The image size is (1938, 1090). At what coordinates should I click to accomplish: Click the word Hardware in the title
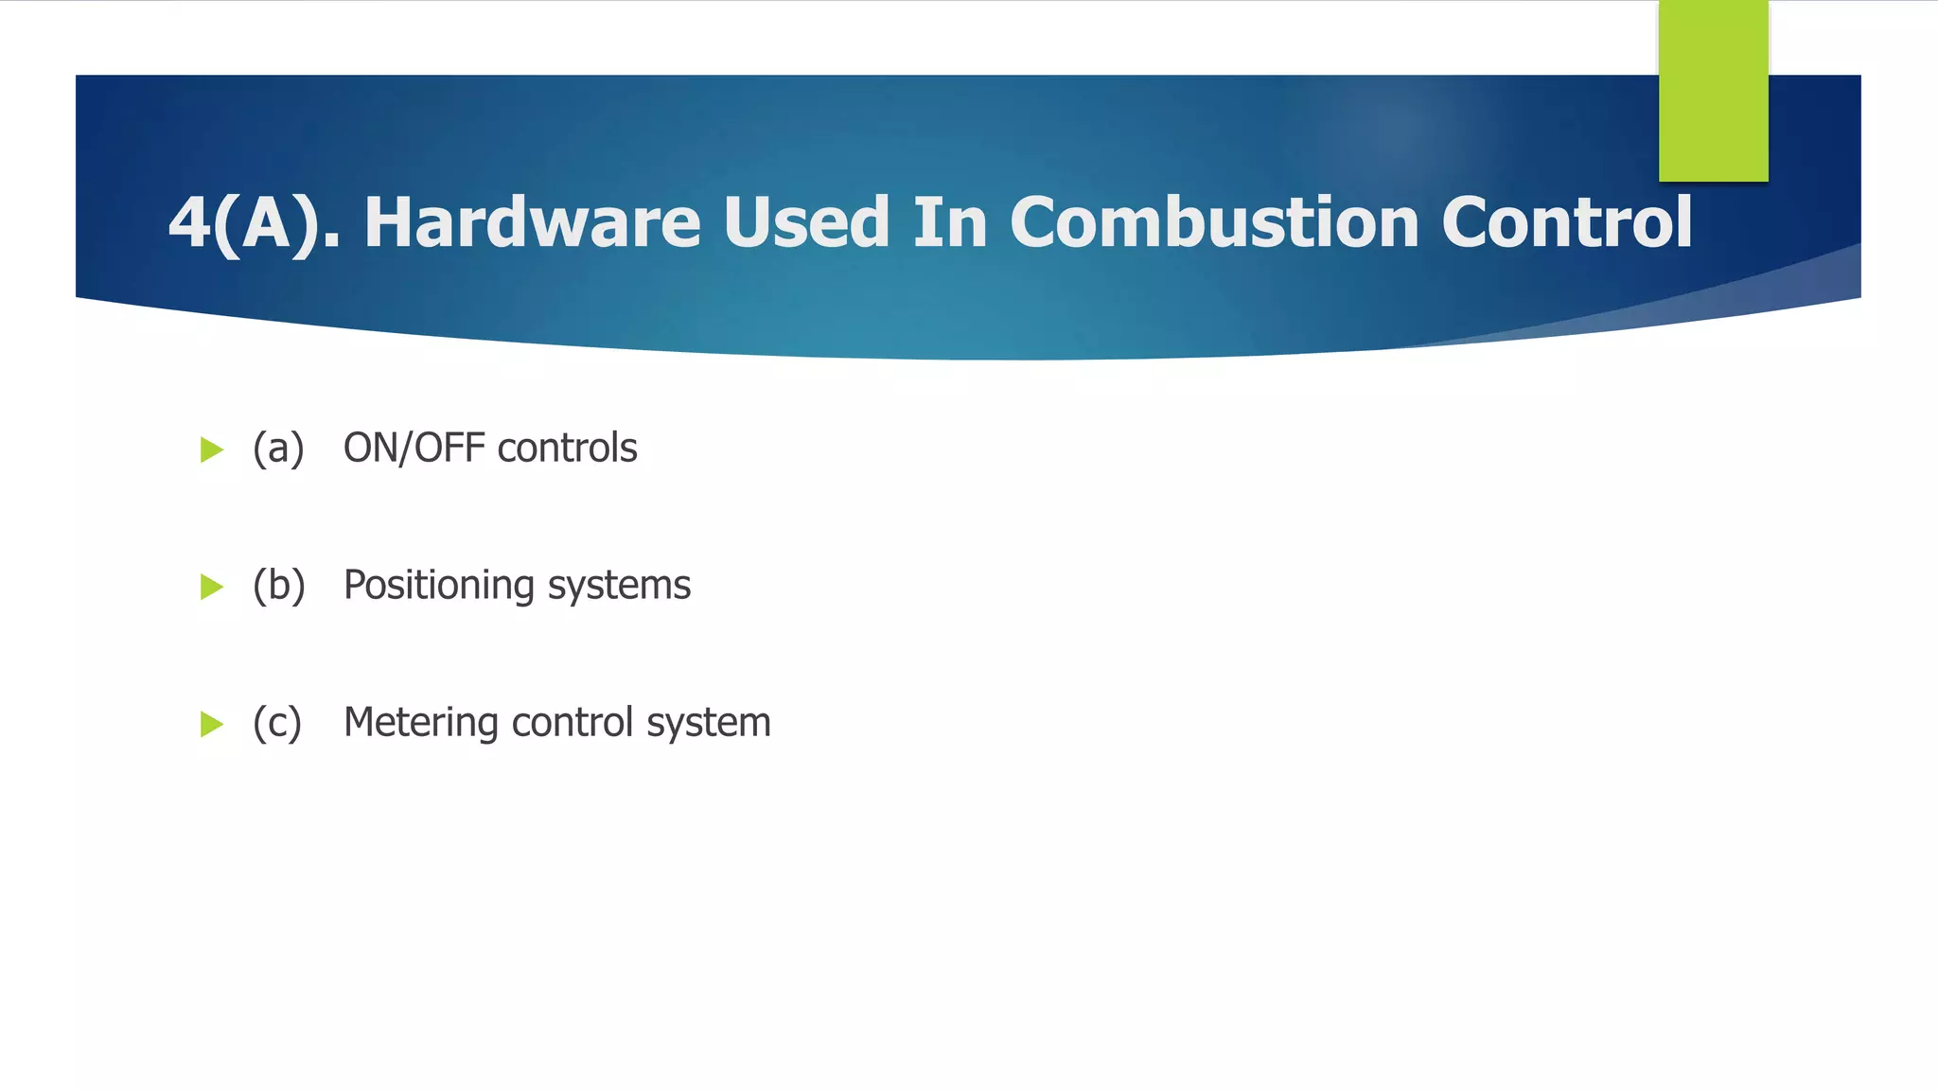coord(532,222)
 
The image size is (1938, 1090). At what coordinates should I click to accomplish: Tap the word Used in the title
coord(805,222)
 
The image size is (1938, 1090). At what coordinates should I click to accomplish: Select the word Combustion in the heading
coord(1214,222)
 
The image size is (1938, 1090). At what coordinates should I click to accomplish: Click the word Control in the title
coord(1567,222)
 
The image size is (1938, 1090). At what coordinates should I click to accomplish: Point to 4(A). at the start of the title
coord(254,223)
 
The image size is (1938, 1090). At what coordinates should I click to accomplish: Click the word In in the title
coord(949,222)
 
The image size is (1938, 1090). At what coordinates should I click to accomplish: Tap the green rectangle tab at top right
coord(1713,90)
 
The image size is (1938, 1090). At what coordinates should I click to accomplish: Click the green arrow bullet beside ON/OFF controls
coord(212,449)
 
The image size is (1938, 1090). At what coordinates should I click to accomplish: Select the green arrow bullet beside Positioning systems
coord(212,587)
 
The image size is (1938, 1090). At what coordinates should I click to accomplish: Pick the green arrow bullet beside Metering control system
coord(212,725)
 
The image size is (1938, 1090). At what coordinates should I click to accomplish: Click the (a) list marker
coord(278,448)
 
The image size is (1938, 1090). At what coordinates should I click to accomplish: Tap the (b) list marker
coord(278,586)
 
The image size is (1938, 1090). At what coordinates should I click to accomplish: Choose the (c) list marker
coord(277,723)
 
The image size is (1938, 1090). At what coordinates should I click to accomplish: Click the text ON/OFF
coord(414,448)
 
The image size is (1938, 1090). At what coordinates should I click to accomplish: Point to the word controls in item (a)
coord(567,448)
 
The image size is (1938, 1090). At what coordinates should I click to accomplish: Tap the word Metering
coord(421,723)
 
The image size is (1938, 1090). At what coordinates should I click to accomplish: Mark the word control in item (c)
coord(572,723)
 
